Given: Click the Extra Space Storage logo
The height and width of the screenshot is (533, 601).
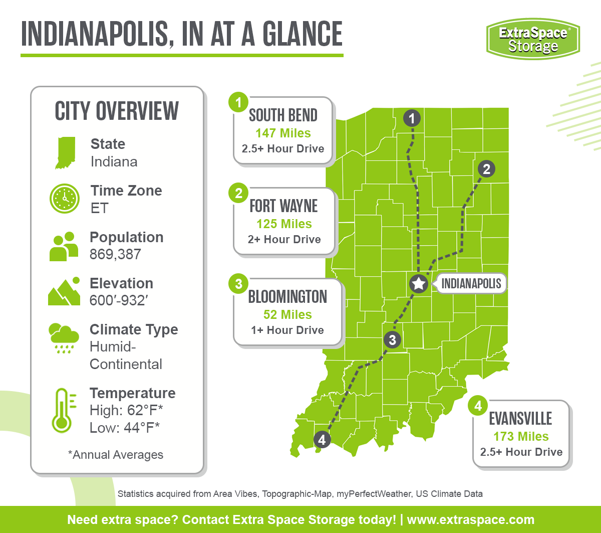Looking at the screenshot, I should [532, 39].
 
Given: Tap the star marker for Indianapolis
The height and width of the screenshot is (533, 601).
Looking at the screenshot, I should [418, 284].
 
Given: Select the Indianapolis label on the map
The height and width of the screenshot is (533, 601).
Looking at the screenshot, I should [471, 283].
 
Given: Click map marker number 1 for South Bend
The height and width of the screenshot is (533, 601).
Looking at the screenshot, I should [412, 119].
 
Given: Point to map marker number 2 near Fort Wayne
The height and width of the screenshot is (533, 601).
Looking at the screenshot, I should [486, 169].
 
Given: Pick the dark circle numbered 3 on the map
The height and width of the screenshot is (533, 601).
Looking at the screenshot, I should [392, 340].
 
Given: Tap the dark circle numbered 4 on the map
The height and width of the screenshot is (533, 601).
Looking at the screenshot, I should [322, 440].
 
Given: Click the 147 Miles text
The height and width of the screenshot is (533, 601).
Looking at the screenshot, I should [283, 133].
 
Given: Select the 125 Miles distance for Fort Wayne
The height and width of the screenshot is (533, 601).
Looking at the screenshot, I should [284, 224].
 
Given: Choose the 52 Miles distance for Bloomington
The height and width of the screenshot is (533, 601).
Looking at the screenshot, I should [287, 314].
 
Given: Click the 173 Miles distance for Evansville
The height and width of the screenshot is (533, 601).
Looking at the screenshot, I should [521, 436].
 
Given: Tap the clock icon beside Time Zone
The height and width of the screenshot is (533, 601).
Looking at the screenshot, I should [65, 199].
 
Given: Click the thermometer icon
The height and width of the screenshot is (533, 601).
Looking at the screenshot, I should [62, 411].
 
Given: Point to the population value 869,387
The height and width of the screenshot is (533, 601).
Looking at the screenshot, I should [115, 254].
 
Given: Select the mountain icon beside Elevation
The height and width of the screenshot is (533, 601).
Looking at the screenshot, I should [64, 291].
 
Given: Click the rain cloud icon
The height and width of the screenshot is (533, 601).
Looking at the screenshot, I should [64, 338].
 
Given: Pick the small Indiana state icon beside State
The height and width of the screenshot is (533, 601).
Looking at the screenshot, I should [65, 152].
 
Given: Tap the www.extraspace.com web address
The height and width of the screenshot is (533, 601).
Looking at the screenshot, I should [470, 519].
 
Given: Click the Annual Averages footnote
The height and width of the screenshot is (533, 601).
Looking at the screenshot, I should [116, 455].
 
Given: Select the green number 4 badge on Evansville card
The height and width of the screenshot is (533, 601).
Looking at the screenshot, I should [478, 406].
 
